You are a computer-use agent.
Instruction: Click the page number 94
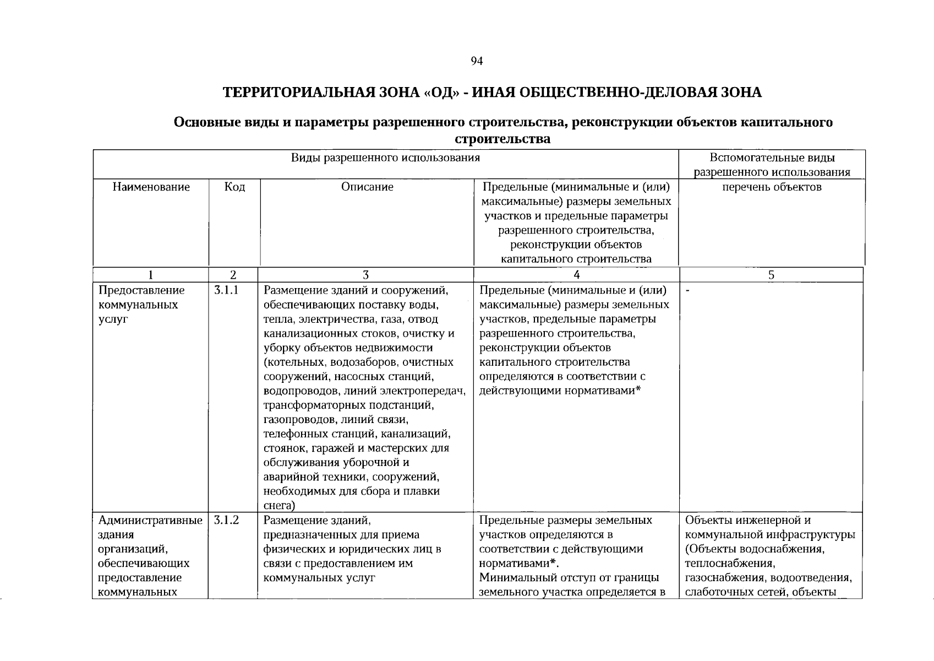pos(477,61)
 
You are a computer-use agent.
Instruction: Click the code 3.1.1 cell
pos(226,290)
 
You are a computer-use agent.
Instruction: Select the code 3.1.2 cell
pos(226,520)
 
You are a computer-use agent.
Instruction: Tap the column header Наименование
pos(151,187)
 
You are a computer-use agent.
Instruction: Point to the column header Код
pos(234,187)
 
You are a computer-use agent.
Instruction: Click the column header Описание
pos(367,187)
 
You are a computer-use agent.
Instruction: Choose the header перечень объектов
pos(772,187)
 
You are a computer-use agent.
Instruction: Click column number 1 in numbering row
pos(151,275)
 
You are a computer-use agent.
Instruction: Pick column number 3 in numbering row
pos(365,275)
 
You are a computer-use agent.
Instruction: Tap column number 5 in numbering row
pos(771,275)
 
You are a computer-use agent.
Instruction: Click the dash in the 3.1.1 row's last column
pos(688,291)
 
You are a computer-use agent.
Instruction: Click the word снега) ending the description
pos(280,506)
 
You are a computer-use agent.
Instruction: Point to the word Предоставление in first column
pos(141,290)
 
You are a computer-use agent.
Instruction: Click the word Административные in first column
pos(150,520)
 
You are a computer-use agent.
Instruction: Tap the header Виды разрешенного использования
pos(385,158)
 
